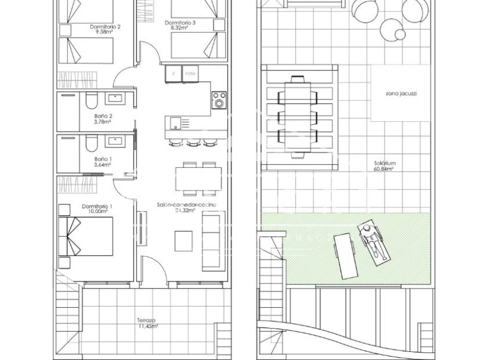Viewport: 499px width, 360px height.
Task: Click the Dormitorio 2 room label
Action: tap(105, 27)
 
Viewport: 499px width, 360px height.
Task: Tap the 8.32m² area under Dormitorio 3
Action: tap(179, 28)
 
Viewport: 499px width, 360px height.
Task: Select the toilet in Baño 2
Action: tap(91, 100)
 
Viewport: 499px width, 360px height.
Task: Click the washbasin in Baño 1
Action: tap(117, 141)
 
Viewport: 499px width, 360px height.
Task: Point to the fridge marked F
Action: tap(173, 74)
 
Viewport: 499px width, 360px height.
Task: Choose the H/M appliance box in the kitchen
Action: tap(190, 74)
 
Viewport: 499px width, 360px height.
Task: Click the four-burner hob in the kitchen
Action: tap(219, 100)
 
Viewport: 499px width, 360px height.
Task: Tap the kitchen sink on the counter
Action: tap(175, 123)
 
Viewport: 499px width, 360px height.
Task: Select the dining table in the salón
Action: tap(198, 179)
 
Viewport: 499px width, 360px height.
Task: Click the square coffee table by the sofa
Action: tap(183, 241)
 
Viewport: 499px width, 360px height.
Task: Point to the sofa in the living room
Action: tap(214, 242)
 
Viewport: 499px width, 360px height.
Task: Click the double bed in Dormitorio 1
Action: tap(86, 236)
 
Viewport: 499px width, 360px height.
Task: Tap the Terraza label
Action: tap(146, 320)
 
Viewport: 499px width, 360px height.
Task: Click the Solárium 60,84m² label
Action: tap(385, 166)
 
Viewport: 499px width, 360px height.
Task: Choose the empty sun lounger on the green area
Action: tap(346, 256)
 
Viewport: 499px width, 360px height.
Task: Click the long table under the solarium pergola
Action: tap(298, 117)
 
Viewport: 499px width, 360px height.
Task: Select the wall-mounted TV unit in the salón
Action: tap(142, 228)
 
